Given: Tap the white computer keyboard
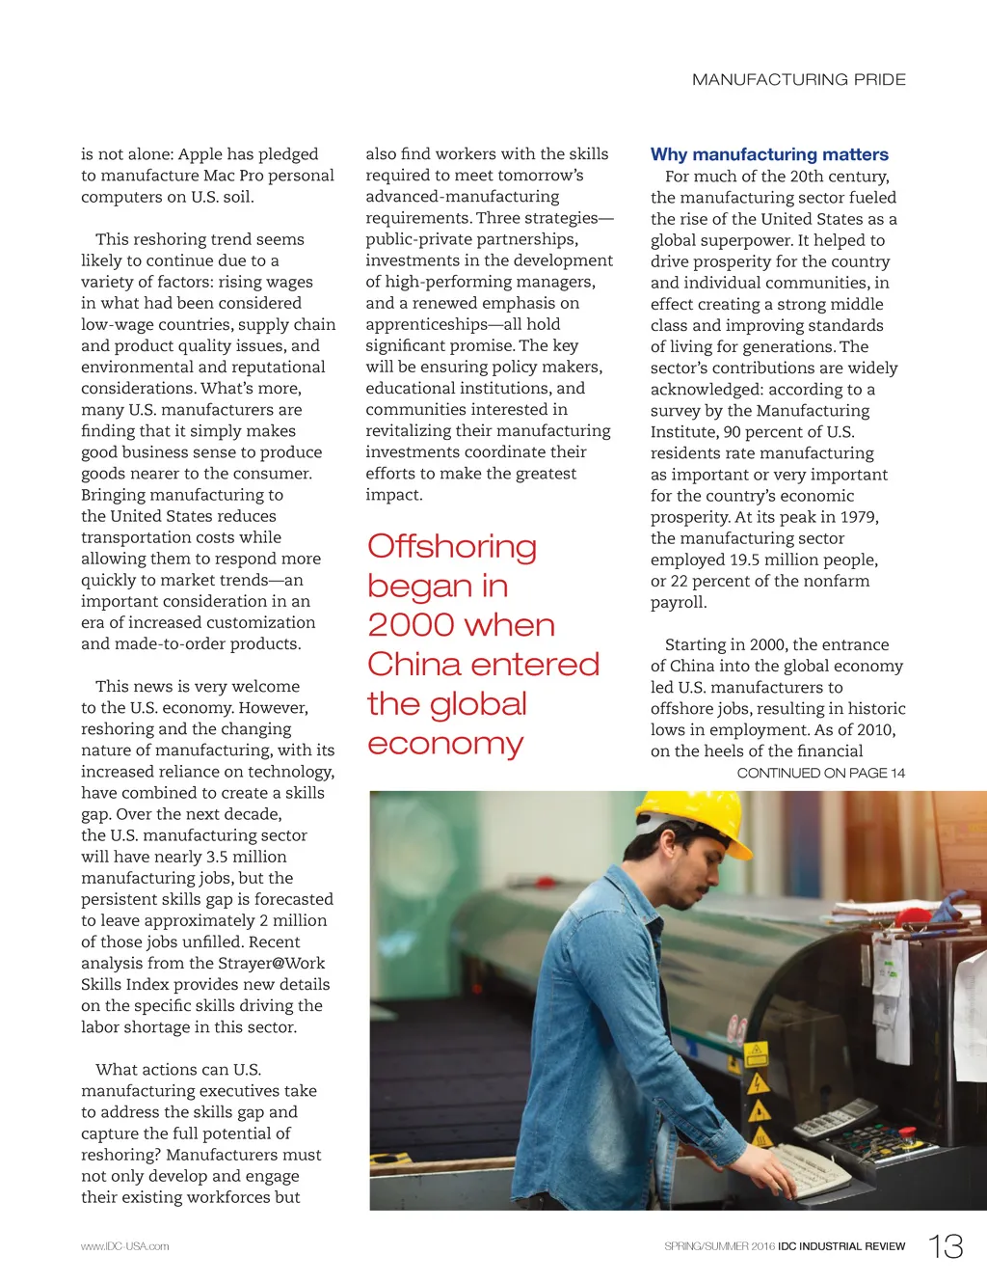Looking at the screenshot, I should [x=810, y=1168].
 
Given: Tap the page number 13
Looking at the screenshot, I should [x=946, y=1246].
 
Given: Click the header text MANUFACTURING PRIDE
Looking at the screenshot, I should [x=798, y=79].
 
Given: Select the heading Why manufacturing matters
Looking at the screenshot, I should [x=769, y=154].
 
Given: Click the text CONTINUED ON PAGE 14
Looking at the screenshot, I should [x=820, y=773].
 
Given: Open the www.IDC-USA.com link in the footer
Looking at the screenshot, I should [x=124, y=1246].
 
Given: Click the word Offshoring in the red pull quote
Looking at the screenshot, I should [x=451, y=547].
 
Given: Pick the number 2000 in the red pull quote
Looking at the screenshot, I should [x=405, y=625].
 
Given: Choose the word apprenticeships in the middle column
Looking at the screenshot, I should [x=426, y=324].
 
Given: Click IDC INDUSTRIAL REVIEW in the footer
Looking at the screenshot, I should [x=841, y=1246].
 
